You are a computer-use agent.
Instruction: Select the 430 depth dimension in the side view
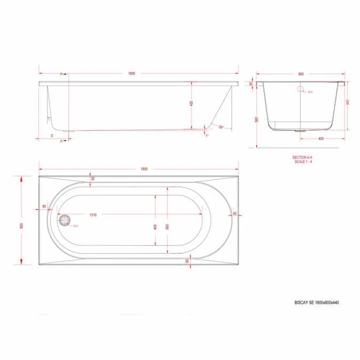click(x=191, y=103)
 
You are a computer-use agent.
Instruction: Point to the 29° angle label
click(x=221, y=126)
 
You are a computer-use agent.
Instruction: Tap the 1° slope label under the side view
click(x=207, y=135)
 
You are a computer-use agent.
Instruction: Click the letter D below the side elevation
click(x=51, y=136)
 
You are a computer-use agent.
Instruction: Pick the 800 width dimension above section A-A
click(x=301, y=75)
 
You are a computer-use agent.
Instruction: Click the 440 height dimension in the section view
click(x=347, y=102)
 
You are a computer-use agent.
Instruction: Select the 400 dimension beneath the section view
click(x=321, y=139)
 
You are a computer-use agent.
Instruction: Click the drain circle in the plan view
click(x=65, y=220)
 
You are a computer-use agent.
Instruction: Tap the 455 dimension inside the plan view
click(x=155, y=226)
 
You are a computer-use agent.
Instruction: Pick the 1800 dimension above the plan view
click(x=144, y=169)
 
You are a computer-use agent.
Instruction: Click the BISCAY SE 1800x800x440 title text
click(x=317, y=302)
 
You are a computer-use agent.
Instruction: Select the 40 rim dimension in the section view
click(x=251, y=84)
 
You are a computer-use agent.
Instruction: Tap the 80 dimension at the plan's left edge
click(x=44, y=206)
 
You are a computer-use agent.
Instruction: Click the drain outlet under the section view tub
click(x=300, y=129)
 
